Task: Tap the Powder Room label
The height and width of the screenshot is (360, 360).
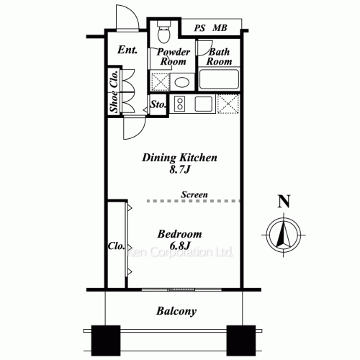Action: point(173,57)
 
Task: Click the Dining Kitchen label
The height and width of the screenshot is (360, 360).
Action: point(179,158)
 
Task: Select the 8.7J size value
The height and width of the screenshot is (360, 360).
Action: point(179,171)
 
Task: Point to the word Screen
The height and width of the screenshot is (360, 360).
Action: point(194,194)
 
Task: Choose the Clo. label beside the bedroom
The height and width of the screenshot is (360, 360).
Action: point(114,245)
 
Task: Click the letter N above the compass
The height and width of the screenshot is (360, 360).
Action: point(284,202)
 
